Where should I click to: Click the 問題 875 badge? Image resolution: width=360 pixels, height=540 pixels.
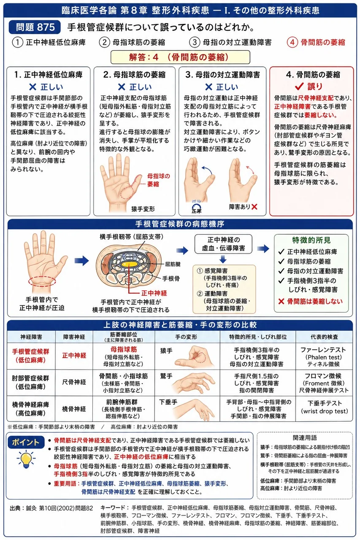tap(35, 27)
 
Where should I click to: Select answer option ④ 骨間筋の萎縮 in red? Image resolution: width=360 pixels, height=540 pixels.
tap(316, 43)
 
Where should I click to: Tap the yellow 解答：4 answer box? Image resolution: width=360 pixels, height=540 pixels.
tap(180, 57)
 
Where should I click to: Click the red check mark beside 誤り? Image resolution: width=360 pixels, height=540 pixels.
tap(299, 86)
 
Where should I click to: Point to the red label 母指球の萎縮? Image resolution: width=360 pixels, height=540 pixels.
tap(158, 180)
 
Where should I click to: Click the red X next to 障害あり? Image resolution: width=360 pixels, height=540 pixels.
tap(254, 207)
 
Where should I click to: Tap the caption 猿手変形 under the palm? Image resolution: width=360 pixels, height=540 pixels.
tap(143, 209)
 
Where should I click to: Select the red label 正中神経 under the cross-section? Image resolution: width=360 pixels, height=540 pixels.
tap(154, 293)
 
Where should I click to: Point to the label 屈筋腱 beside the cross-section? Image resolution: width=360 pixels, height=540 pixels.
tap(173, 265)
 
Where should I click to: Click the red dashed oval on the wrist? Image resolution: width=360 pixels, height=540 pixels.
tap(42, 281)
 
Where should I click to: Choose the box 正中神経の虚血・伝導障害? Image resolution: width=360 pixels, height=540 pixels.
tap(223, 244)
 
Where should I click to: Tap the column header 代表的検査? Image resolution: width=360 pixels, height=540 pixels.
tap(324, 337)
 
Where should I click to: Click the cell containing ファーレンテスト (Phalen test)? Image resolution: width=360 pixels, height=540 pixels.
tap(324, 356)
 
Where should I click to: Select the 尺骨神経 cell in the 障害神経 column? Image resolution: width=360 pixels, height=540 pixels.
tap(74, 382)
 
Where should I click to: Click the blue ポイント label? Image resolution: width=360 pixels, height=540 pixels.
tap(26, 443)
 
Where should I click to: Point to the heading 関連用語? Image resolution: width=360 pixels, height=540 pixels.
tap(305, 438)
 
